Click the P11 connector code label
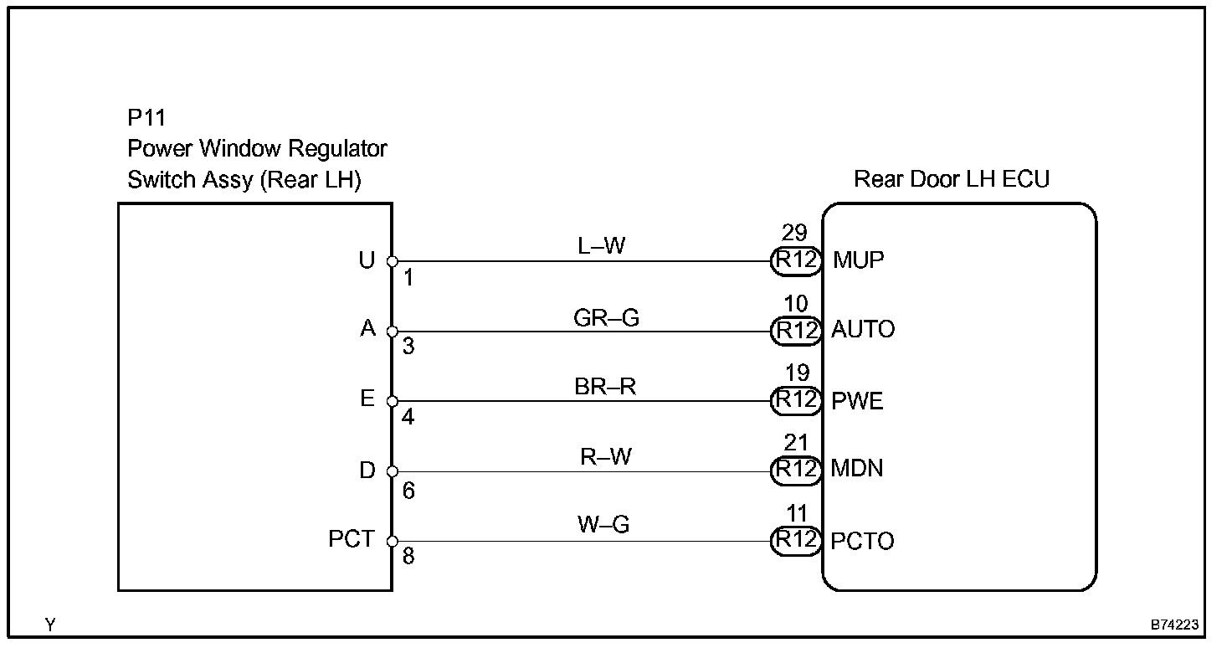tap(146, 118)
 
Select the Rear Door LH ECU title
tap(952, 179)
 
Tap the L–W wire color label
tap(601, 245)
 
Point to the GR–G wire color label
tap(606, 317)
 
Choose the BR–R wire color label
tap(605, 386)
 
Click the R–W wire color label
tap(606, 456)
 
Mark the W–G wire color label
tap(603, 524)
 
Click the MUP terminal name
tap(858, 260)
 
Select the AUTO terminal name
tap(862, 329)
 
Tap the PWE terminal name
tap(857, 400)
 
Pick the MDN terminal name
tap(856, 468)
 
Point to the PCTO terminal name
tap(862, 541)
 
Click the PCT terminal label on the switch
tap(352, 538)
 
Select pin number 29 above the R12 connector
tap(794, 233)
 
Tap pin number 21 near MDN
tap(796, 443)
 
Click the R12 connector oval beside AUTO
tap(796, 331)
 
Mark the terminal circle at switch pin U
tap(393, 261)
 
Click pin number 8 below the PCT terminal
tap(408, 556)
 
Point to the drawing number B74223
tap(1174, 625)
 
